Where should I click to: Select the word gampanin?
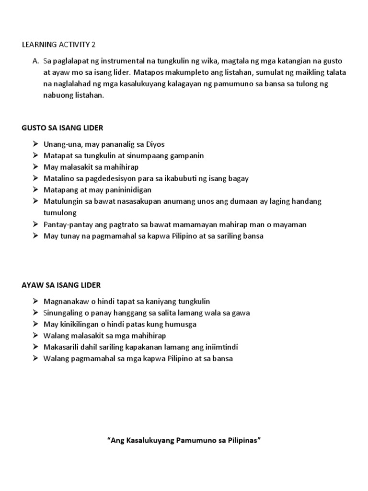click(185, 155)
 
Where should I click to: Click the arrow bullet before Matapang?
click(36, 190)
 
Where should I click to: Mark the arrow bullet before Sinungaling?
click(36, 313)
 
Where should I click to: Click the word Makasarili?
click(60, 347)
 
